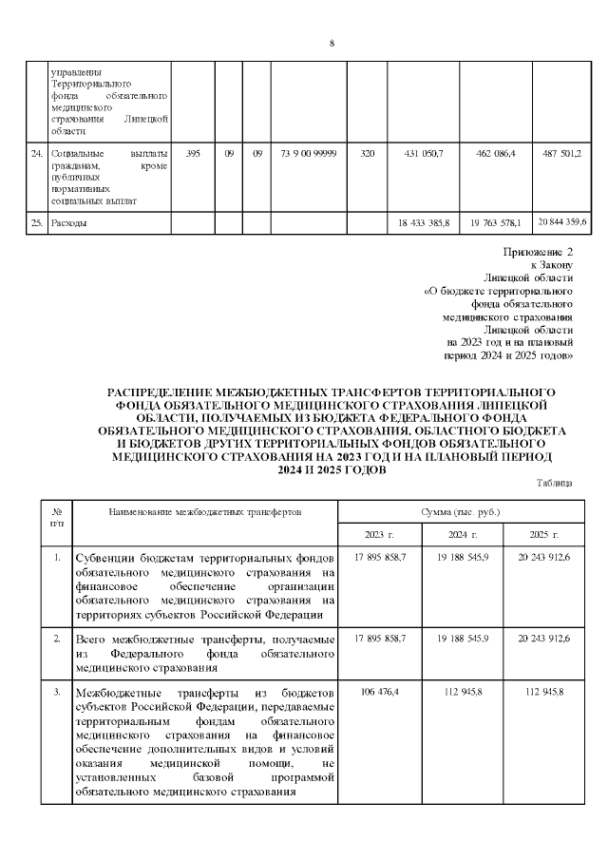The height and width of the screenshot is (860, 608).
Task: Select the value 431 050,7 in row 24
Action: (424, 154)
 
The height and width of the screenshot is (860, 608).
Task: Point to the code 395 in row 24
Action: (193, 154)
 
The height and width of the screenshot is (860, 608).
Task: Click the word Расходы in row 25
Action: (69, 223)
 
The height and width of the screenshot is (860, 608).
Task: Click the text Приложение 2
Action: (538, 252)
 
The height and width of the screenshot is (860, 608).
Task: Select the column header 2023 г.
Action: (379, 535)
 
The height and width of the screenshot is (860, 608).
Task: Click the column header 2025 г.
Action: (541, 535)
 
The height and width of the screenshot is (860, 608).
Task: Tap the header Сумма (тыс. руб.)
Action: (460, 511)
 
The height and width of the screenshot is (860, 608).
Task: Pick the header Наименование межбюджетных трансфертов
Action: (204, 511)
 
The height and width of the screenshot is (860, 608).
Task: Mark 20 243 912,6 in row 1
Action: (541, 557)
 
